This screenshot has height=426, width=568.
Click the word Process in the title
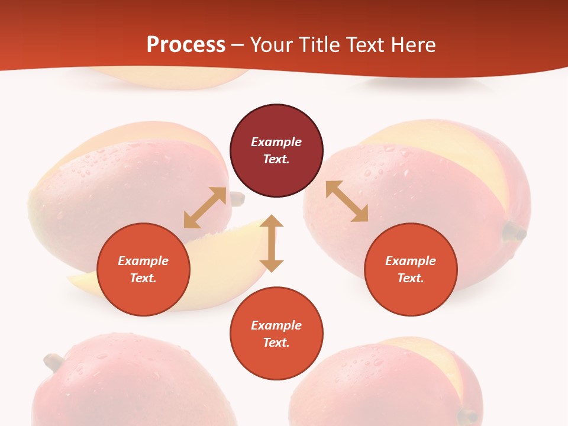coord(186,45)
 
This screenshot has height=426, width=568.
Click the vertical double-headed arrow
coord(272,243)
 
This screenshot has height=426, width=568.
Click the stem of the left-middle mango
coord(237,199)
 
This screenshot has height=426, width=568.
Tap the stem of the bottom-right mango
coord(469,416)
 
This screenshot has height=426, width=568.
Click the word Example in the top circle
coord(276,142)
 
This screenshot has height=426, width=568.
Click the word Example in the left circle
coord(143,261)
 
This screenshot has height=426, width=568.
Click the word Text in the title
coord(366,45)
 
